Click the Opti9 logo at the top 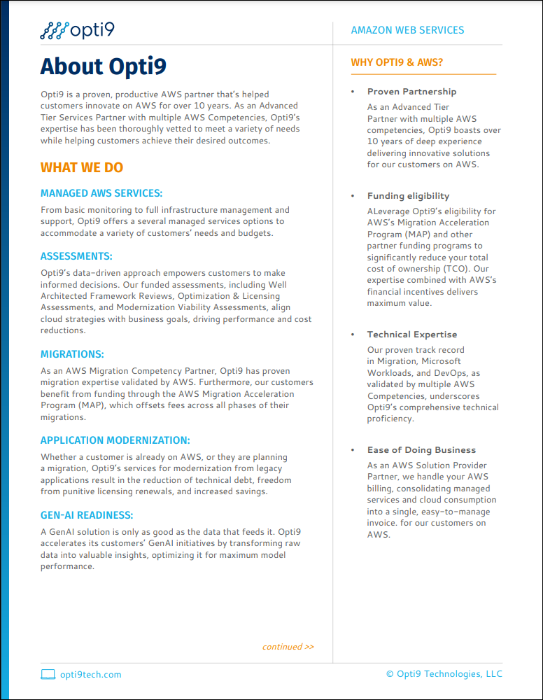77,30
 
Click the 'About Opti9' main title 103,66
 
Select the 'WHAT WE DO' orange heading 81,167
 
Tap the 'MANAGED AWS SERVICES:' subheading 101,193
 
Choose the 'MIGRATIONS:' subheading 72,354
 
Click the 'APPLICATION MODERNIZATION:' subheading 115,440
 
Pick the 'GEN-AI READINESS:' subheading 87,515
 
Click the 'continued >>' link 288,647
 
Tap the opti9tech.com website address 91,675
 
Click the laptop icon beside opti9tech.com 48,675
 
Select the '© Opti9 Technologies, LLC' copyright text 444,674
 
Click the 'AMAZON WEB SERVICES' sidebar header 407,30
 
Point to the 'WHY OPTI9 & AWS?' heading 397,63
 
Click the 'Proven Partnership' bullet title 411,92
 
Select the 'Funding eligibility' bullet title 408,196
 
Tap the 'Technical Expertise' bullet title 412,335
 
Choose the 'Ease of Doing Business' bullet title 421,450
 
